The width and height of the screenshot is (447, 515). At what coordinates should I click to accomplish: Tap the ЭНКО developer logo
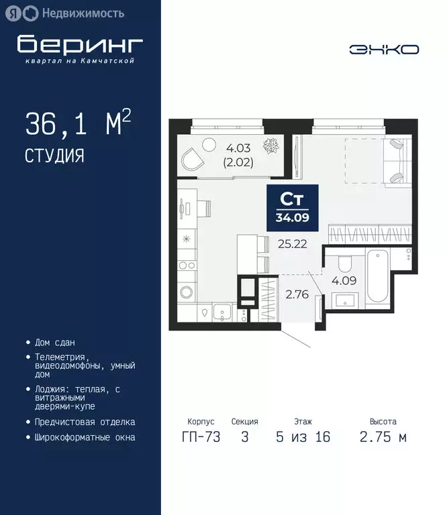[x=384, y=49]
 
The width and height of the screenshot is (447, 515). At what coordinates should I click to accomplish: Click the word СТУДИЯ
[x=54, y=156]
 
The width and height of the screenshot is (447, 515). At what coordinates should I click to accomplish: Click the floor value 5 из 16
[x=303, y=437]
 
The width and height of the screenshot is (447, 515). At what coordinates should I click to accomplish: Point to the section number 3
[x=244, y=437]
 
